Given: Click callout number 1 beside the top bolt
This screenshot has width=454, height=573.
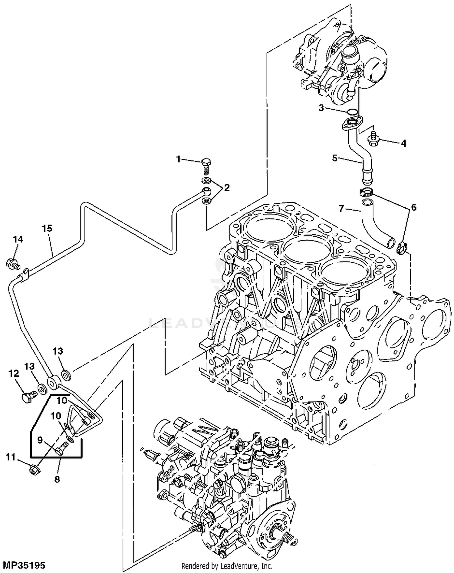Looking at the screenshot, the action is pyautogui.click(x=179, y=159).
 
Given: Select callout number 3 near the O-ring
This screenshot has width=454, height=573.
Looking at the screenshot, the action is pyautogui.click(x=321, y=108).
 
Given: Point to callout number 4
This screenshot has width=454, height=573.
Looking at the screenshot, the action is pyautogui.click(x=404, y=143).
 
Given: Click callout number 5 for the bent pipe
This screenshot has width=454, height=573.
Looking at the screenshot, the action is pyautogui.click(x=335, y=158).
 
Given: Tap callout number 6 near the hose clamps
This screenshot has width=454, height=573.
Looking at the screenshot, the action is pyautogui.click(x=414, y=207).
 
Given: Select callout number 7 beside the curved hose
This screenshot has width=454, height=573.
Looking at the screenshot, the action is pyautogui.click(x=341, y=209).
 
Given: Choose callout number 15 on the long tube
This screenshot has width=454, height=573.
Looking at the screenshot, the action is pyautogui.click(x=47, y=229).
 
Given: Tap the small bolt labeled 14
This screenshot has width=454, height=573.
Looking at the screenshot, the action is pyautogui.click(x=13, y=263).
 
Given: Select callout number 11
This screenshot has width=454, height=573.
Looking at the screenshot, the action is pyautogui.click(x=11, y=457).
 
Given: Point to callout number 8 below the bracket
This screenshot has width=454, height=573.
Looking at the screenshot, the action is pyautogui.click(x=57, y=479).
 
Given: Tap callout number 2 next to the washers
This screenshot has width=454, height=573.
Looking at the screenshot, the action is pyautogui.click(x=227, y=188).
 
